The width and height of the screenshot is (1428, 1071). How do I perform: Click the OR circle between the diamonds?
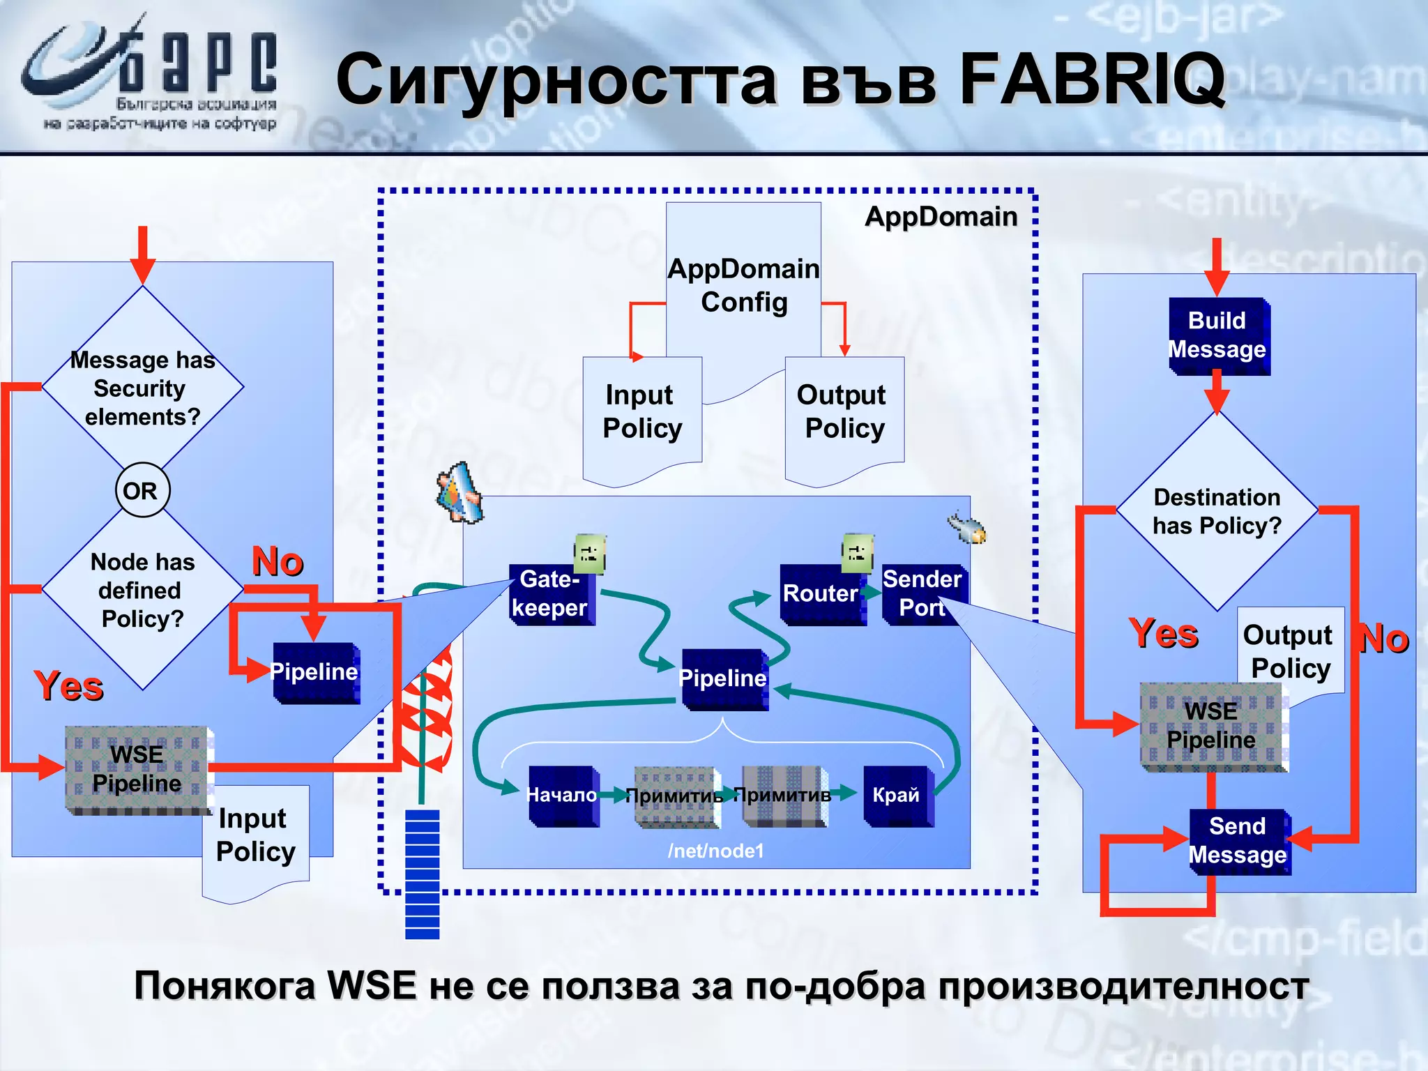pos(142,490)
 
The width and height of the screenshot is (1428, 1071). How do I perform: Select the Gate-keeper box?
pos(551,594)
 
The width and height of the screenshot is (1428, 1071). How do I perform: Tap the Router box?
pos(821,594)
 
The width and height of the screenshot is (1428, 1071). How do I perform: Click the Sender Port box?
pos(922,594)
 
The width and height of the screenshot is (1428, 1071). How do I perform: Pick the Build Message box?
pos(1217,335)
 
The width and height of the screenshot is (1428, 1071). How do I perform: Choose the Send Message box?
pos(1238,841)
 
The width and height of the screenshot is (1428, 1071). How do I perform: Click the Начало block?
pos(562,796)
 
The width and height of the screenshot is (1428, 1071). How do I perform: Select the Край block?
pos(897,796)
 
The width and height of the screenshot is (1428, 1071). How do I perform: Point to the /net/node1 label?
pos(715,851)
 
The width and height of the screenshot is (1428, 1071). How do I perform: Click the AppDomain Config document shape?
pos(743,286)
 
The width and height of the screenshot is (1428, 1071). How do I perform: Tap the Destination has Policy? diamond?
pos(1217,511)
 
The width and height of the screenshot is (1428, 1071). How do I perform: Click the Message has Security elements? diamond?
pos(142,388)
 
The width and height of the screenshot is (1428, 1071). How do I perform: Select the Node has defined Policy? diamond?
pos(142,590)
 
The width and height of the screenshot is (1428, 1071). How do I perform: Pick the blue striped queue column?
pos(423,874)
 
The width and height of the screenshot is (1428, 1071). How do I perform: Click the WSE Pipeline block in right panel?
pos(1212,726)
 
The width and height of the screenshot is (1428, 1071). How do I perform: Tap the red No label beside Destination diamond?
pos(1384,639)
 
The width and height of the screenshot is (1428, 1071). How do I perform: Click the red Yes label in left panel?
pos(68,686)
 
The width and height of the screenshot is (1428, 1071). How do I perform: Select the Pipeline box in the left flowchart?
pos(315,672)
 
